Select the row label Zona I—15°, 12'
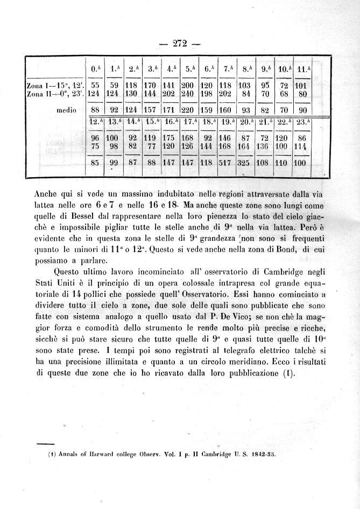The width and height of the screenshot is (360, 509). click(x=55, y=85)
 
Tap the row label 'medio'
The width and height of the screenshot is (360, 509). click(x=67, y=110)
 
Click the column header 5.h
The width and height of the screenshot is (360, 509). click(x=188, y=69)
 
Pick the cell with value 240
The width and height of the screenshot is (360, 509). click(x=187, y=93)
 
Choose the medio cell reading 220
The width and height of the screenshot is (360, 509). click(x=187, y=110)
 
